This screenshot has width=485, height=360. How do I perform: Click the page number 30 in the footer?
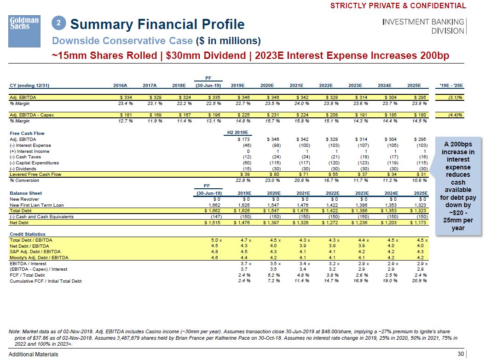461,354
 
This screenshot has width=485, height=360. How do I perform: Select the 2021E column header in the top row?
296,85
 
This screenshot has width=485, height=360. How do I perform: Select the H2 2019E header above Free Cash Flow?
237,133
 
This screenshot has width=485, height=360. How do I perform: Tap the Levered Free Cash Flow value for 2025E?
421,174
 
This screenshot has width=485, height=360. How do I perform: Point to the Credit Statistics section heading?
28,234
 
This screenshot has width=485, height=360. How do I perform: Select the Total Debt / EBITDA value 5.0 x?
216,240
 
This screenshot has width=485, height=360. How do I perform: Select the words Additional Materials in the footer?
34,354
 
